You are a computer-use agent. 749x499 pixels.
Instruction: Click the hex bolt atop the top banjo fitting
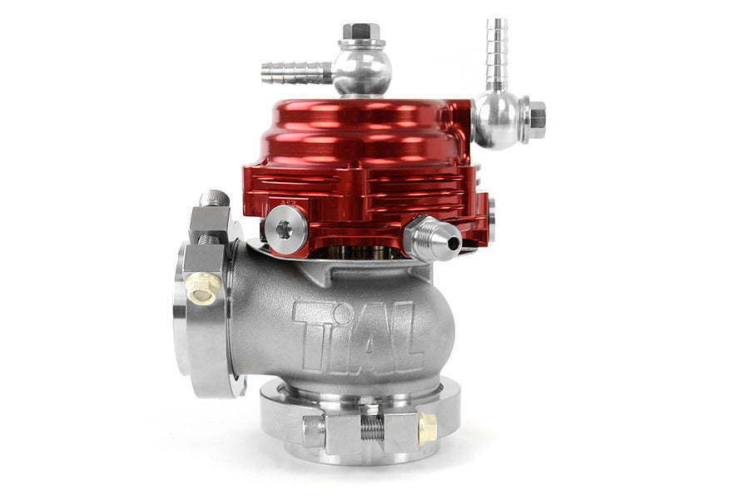361,32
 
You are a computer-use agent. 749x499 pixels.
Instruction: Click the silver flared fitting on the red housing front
433,240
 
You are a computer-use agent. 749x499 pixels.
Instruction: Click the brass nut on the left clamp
202,288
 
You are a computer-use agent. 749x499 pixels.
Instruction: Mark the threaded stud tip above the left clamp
213,199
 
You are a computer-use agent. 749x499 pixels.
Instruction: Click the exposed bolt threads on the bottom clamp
371,429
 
